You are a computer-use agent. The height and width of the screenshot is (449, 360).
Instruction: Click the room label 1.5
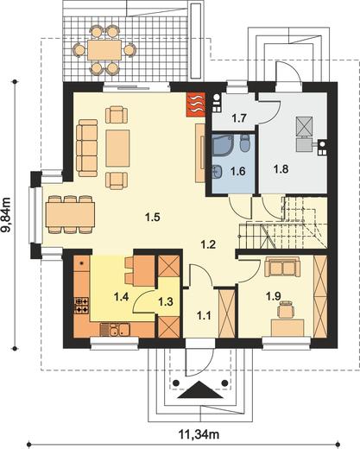153,218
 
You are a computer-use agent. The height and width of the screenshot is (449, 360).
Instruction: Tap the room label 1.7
239,118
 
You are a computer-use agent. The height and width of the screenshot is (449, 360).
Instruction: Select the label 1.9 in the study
273,296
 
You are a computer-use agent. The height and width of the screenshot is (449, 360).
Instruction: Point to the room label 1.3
166,301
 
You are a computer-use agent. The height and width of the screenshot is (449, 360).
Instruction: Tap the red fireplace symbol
196,104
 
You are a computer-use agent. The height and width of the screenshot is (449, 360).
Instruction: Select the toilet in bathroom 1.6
245,142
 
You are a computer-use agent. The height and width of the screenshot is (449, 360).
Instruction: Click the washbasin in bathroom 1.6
217,172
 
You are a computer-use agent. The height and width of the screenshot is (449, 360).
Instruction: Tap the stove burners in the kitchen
82,306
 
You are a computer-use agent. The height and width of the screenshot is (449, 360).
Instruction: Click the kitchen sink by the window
115,330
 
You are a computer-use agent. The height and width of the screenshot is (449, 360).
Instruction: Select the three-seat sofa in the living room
87,148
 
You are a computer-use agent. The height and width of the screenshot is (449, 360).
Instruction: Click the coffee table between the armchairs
117,149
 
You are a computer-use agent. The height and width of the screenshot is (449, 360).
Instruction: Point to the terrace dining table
104,50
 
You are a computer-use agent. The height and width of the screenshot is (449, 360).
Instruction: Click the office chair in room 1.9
286,309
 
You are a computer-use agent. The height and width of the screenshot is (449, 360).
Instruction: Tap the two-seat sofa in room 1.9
282,267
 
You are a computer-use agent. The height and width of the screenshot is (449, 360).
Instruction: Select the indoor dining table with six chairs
70,214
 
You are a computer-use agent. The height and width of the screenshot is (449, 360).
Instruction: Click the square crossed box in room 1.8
305,126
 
